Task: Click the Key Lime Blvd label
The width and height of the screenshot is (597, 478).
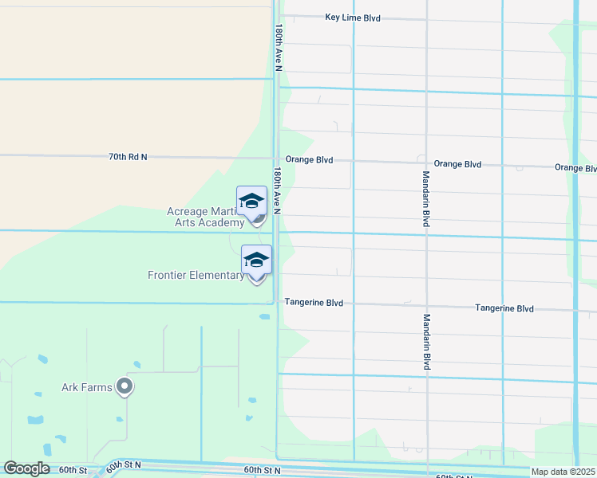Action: (x=353, y=18)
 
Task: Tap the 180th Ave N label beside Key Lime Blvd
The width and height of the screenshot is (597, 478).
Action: (x=279, y=47)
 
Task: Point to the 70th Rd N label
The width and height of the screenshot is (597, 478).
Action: (x=128, y=157)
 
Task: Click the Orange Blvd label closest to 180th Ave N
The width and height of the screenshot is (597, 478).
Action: (x=308, y=159)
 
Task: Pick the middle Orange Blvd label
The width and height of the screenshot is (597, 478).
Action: (x=457, y=164)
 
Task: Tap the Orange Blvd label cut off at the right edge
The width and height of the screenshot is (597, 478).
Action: (x=575, y=168)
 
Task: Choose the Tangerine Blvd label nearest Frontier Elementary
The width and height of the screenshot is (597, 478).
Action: (x=314, y=303)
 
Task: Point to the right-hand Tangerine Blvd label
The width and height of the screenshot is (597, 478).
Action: (x=504, y=308)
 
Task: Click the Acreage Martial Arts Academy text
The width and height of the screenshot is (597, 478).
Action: (x=205, y=217)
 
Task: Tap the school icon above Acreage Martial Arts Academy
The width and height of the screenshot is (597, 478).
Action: (x=252, y=201)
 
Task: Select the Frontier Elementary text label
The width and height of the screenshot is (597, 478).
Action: (x=196, y=276)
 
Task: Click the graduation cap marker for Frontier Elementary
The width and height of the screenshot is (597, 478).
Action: (x=256, y=260)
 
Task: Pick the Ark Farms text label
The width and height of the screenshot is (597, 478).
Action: (x=86, y=389)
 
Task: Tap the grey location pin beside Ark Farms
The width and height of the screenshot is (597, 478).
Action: (x=125, y=387)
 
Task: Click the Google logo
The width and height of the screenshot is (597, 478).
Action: (x=26, y=468)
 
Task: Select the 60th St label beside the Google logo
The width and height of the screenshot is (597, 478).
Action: (x=72, y=469)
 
